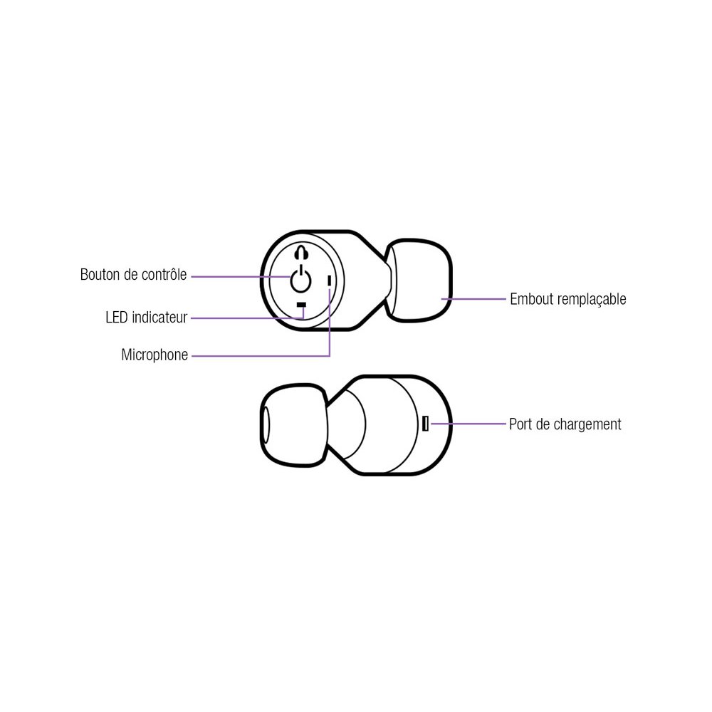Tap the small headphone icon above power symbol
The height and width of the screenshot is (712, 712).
pyautogui.click(x=301, y=253)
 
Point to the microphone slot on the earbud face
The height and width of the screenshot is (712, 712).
pyautogui.click(x=329, y=281)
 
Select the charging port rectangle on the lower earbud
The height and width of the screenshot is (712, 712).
pyautogui.click(x=425, y=424)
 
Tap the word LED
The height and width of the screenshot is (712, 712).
pyautogui.click(x=116, y=318)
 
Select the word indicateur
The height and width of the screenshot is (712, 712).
pyautogui.click(x=159, y=318)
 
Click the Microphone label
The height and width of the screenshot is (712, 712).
pyautogui.click(x=155, y=355)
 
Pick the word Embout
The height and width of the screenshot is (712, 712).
pyautogui.click(x=530, y=299)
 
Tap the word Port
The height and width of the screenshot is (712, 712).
pyautogui.click(x=520, y=424)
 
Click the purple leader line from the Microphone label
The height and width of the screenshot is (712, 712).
pyautogui.click(x=256, y=355)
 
